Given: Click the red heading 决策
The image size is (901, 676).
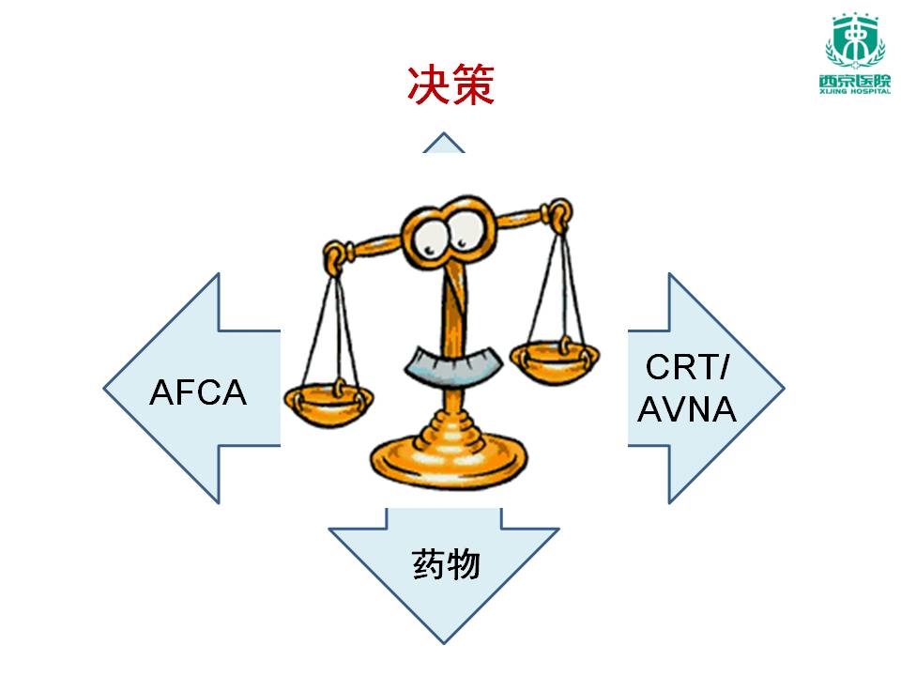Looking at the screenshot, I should [450, 85].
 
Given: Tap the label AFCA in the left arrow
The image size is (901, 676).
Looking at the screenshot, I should [198, 392].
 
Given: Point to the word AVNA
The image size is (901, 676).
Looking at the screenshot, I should [687, 409].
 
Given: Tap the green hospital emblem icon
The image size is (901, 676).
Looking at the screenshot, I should [852, 41].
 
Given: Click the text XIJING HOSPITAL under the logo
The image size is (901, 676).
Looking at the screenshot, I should [852, 91].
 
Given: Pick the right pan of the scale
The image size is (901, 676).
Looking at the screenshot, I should [555, 356].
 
